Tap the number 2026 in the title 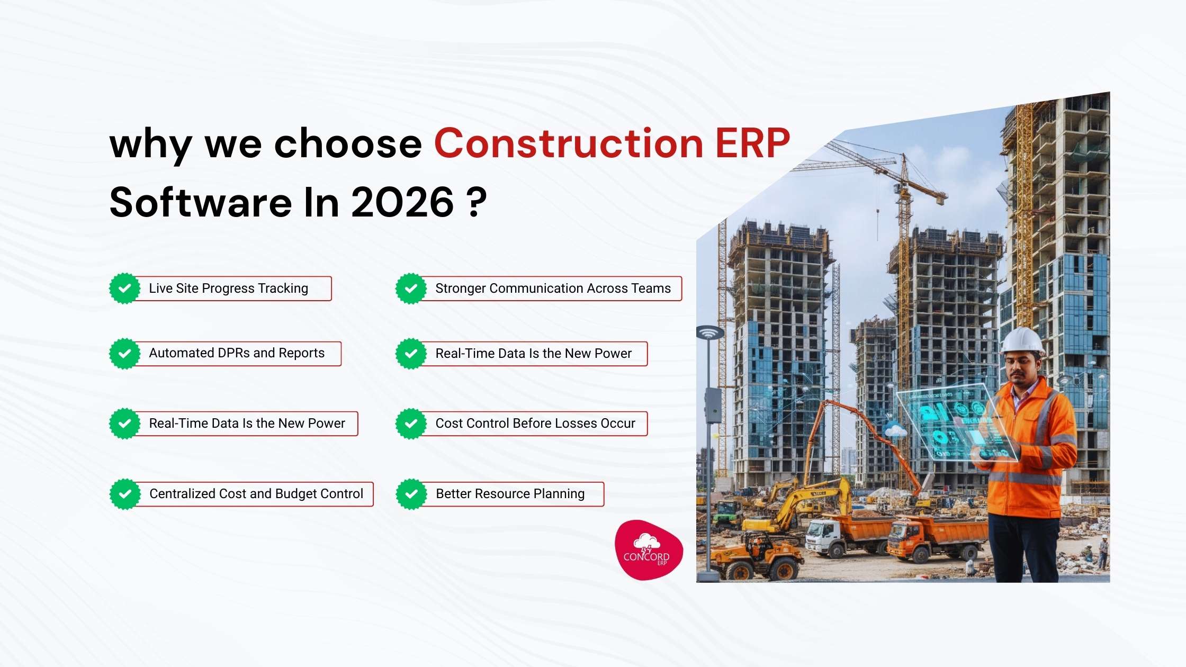[402, 203]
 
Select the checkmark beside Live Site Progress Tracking [125, 289]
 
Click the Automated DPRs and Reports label [237, 353]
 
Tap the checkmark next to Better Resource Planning [411, 494]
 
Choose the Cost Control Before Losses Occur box [535, 423]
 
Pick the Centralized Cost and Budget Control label [256, 494]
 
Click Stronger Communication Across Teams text [553, 289]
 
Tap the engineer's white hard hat [1022, 340]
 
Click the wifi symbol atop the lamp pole [709, 333]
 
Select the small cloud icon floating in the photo [895, 430]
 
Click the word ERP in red [752, 143]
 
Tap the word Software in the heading [201, 203]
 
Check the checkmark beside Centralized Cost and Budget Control [125, 494]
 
